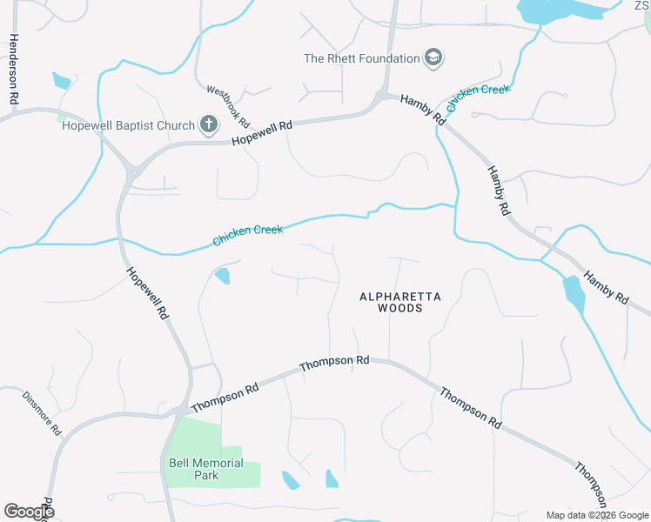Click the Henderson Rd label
point(13,70)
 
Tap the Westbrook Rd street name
point(228,104)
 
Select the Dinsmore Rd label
point(42,412)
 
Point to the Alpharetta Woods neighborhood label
point(400,302)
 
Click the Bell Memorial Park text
point(206,469)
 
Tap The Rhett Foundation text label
point(361,58)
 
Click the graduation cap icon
point(433,58)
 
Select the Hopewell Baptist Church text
point(129,125)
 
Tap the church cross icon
point(208,125)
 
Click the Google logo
point(29,512)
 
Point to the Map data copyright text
point(597,515)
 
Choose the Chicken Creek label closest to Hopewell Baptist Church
point(248,233)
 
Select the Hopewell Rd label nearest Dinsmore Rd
point(146,294)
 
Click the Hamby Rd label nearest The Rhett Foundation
point(423,110)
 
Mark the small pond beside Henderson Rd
point(61,81)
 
